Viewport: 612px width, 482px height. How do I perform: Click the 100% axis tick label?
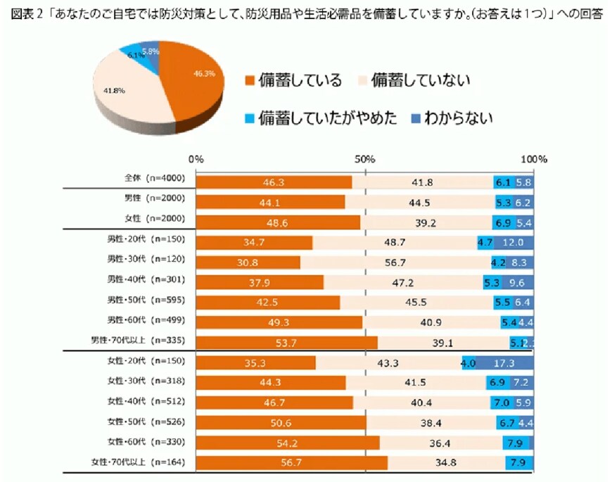click(533, 159)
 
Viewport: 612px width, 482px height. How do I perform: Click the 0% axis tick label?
click(197, 159)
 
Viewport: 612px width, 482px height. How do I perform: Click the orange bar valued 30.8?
click(248, 262)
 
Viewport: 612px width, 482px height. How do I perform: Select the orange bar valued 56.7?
click(291, 463)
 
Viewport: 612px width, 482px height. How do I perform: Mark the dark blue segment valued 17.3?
click(504, 363)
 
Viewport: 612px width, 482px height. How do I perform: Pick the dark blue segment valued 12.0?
click(513, 243)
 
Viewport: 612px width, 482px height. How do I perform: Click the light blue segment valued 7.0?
click(501, 403)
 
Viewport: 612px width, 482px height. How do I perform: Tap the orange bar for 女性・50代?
click(281, 423)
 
